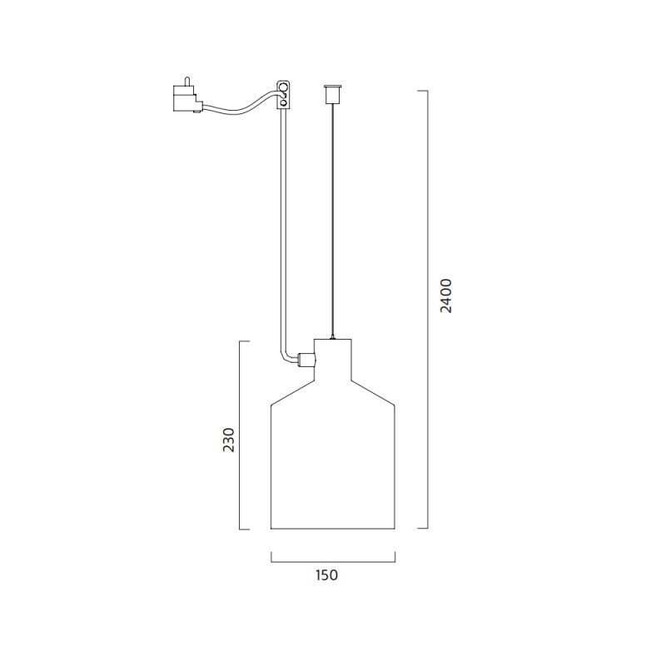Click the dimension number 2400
(x=447, y=296)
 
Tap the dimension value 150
(x=326, y=574)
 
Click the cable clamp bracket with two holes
(x=283, y=94)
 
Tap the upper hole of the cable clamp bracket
(x=285, y=87)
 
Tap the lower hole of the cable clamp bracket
(x=284, y=102)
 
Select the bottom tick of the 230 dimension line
(x=245, y=529)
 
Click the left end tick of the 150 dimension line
(x=271, y=558)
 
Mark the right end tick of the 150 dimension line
(x=395, y=558)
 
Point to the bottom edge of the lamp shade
(x=333, y=528)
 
